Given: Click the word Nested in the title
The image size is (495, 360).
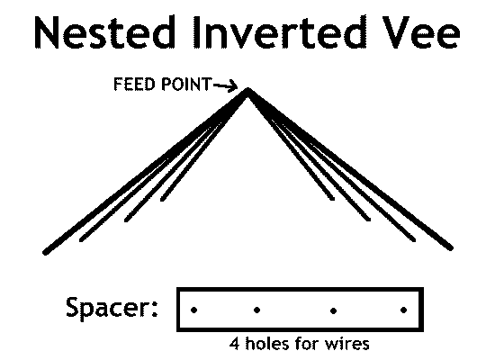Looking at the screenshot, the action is pos(104,32).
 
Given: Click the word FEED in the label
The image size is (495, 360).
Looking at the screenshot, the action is pos(134,85).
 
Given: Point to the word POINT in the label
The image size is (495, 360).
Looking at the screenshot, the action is pos(185,85).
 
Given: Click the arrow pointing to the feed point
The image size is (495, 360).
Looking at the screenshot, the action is pos(225,85).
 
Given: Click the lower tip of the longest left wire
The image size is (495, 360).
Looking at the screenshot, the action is pos(46,253).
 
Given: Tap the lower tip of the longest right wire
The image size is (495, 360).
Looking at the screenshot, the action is pos(451,248).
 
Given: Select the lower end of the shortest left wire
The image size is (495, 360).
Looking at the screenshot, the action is pos(162,199).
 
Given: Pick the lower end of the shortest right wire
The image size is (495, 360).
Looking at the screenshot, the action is pos(332,199).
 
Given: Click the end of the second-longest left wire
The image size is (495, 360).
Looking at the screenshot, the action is pos(81,240).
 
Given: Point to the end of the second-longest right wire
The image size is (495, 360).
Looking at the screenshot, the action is pos(414,240).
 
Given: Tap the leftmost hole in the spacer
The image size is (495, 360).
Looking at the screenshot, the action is pos(194,310).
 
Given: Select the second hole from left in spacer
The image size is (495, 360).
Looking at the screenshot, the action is pos(257,310).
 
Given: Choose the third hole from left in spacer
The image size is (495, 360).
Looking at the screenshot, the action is pos(333,310).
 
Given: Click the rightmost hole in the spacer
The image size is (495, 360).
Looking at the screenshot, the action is pos(403,310).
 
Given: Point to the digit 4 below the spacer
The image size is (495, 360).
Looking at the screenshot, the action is pos(235,344).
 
